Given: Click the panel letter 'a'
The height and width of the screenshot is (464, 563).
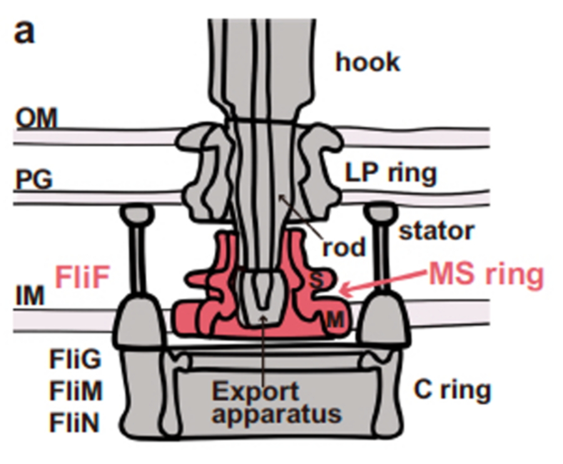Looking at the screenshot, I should [24, 31].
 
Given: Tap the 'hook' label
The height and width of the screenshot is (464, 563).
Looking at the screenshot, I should [368, 62].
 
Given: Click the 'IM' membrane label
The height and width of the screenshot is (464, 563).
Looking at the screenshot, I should [29, 296].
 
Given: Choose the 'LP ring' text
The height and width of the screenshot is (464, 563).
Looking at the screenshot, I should [391, 173].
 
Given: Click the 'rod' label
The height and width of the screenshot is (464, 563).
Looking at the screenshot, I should [343, 248].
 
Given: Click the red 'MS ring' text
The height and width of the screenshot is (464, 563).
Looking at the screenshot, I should [485, 275].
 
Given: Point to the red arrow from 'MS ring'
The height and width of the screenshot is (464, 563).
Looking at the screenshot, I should [382, 283].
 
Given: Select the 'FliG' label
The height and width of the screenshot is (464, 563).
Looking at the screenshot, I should [75, 360].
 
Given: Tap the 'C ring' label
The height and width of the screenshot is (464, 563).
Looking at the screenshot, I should [452, 391].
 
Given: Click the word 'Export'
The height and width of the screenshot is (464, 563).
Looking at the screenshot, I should [256, 392].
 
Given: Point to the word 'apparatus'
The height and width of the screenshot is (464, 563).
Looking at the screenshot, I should [276, 415].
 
